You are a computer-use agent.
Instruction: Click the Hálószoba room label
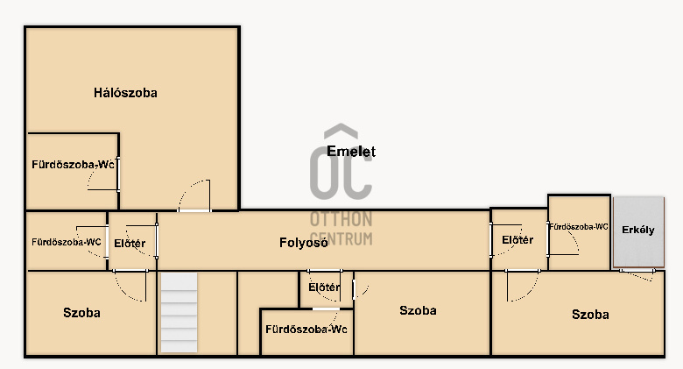(125, 92)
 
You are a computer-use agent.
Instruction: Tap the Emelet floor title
(351, 151)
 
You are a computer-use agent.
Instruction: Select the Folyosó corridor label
(303, 243)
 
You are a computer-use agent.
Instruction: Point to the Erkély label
(638, 230)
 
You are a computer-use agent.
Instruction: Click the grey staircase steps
(179, 312)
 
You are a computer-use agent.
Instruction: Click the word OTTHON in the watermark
(341, 219)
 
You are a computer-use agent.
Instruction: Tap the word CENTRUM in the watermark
(341, 238)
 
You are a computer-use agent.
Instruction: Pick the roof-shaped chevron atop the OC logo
(341, 131)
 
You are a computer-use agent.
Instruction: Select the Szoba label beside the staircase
(81, 313)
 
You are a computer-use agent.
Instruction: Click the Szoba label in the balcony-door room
(590, 315)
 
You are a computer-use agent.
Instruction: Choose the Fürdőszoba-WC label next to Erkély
(579, 227)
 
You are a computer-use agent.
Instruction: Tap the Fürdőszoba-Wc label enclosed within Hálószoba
(73, 165)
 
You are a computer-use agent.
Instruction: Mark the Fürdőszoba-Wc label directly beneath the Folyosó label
(306, 330)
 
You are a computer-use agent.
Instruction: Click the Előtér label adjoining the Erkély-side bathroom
(518, 240)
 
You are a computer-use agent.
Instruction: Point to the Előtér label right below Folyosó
(324, 287)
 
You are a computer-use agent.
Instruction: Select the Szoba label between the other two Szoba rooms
(418, 310)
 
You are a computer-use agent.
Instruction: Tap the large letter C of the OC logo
(356, 174)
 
